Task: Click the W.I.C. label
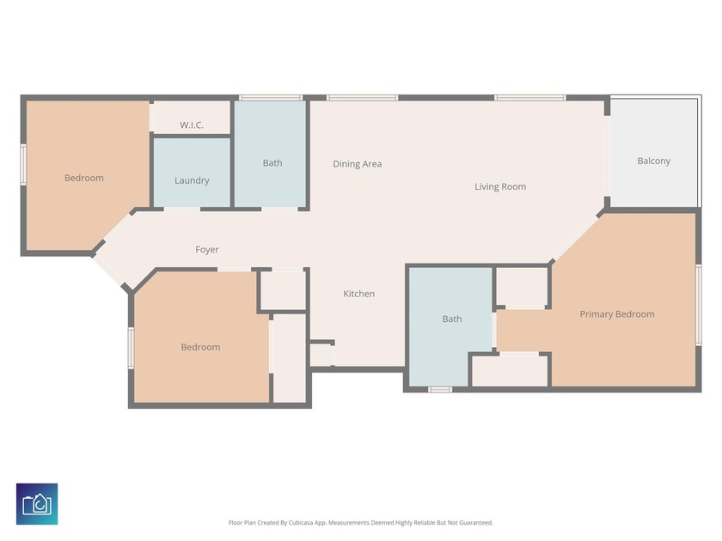tap(192, 125)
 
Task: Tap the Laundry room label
tap(192, 180)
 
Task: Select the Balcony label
tap(654, 161)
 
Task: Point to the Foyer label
tap(207, 250)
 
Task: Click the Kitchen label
tap(359, 294)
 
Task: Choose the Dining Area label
tap(358, 164)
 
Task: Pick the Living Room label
tap(500, 186)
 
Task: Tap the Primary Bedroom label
tap(617, 314)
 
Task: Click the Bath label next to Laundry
tap(272, 163)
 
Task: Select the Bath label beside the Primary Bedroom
tap(452, 319)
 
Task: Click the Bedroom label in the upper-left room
tap(84, 178)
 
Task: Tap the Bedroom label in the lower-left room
tap(200, 347)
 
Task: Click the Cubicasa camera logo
tap(37, 504)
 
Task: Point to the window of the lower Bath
tap(440, 390)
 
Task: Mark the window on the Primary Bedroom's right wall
tap(699, 305)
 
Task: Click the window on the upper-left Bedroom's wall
tap(23, 163)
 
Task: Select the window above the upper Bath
tap(270, 98)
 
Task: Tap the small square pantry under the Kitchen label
tap(321, 354)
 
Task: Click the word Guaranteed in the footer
tap(475, 522)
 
